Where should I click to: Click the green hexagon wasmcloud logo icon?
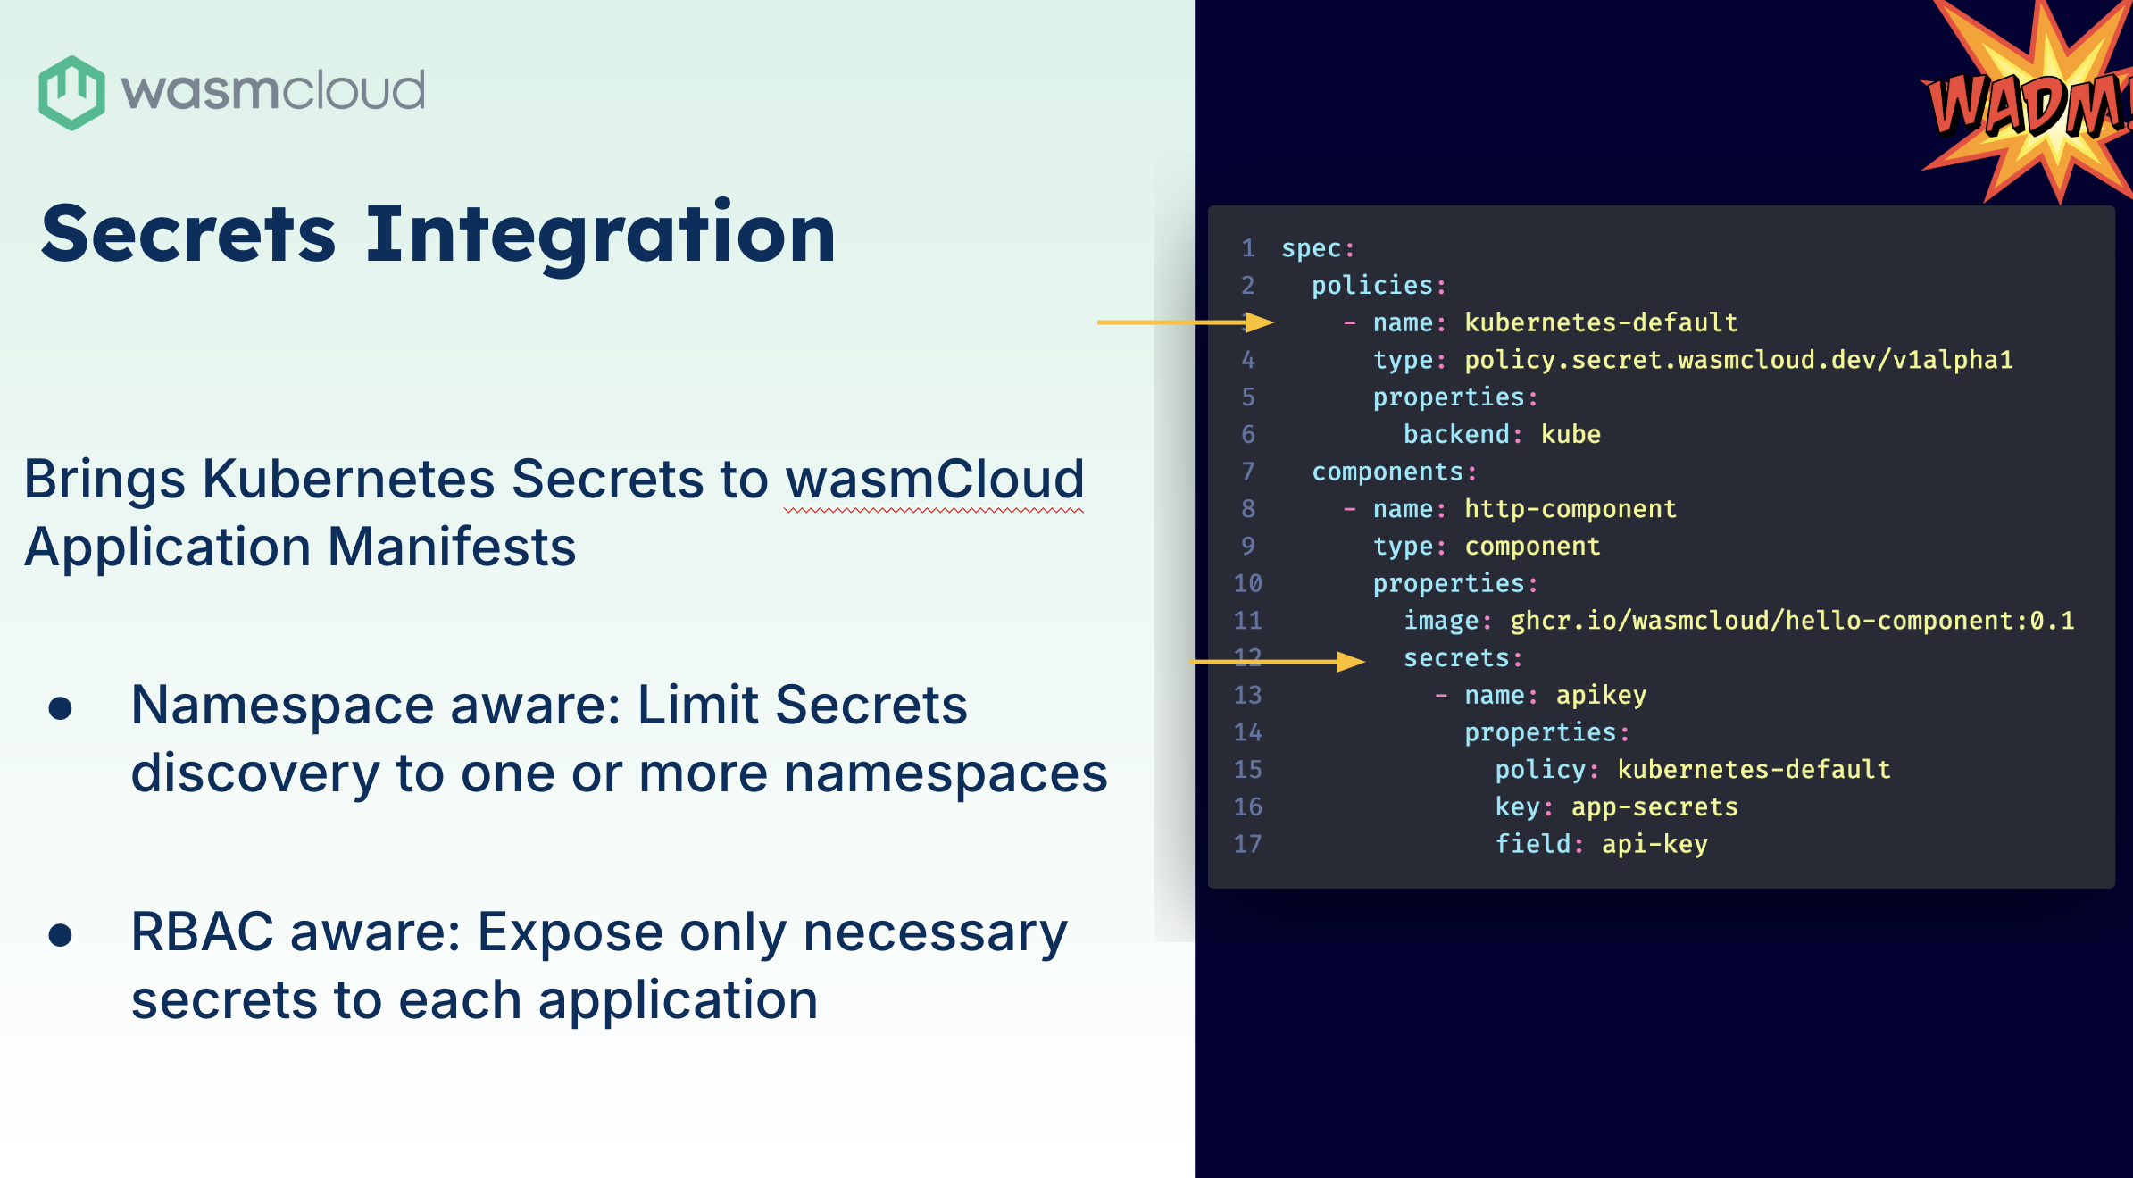pos(71,93)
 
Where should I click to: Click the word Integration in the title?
pos(600,234)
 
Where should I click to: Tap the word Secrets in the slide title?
pos(188,234)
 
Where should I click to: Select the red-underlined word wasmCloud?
pos(934,480)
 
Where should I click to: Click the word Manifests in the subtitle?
pos(452,547)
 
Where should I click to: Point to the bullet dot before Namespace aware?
pos(61,709)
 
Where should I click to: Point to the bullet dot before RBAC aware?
pos(61,935)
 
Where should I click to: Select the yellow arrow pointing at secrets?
pos(1277,662)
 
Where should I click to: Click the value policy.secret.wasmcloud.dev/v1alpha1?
pos(1738,360)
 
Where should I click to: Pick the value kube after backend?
pos(1571,435)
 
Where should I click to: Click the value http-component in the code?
pos(1571,509)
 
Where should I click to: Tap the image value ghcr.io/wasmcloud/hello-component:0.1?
pos(1792,621)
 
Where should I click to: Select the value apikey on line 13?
pos(1601,696)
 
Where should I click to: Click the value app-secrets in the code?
pos(1654,807)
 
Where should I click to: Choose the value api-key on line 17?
pos(1654,845)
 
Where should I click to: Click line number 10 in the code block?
pos(1247,584)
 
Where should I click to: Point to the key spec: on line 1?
pos(1318,249)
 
